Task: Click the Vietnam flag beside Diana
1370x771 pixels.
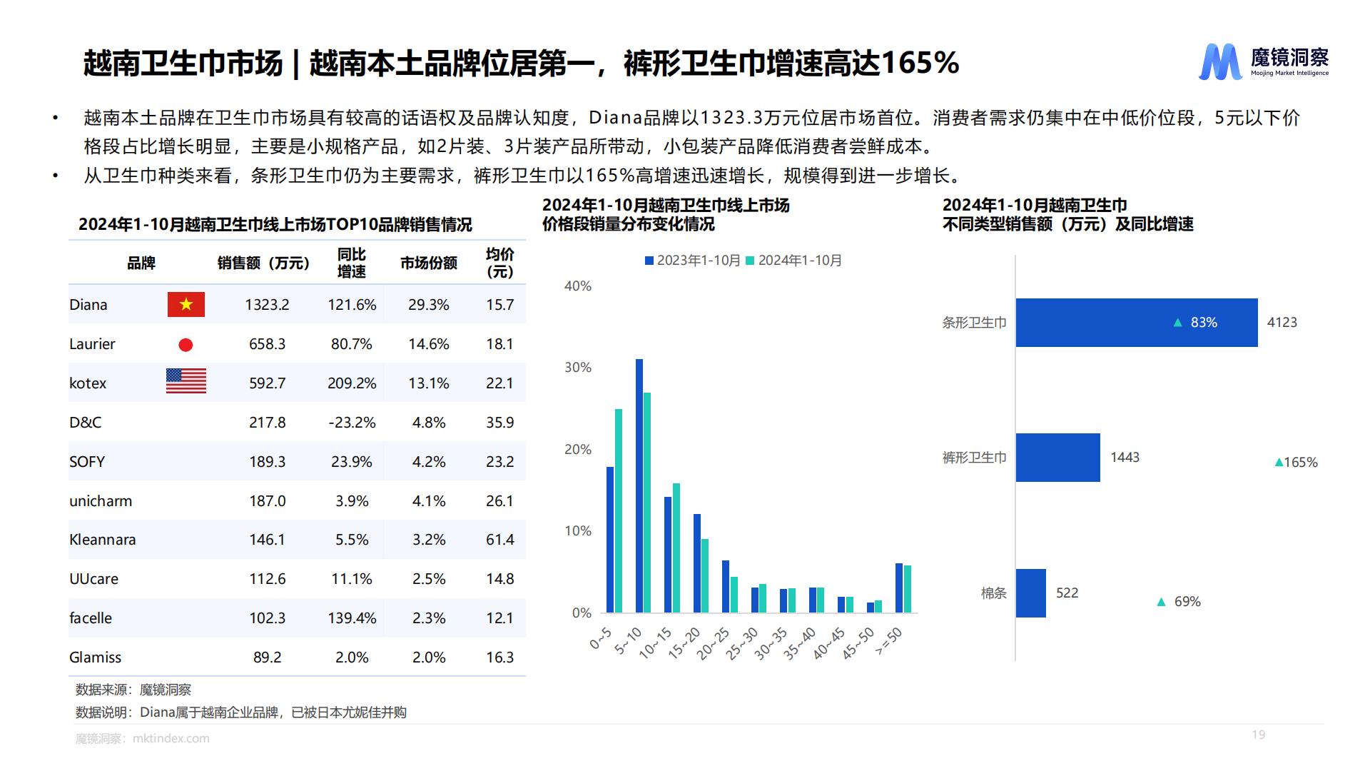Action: [x=186, y=305]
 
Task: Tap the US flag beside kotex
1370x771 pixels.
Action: [x=186, y=381]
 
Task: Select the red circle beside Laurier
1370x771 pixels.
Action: [x=186, y=345]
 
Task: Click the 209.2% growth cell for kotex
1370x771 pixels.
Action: [x=352, y=383]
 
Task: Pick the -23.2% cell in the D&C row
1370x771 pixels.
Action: [x=352, y=423]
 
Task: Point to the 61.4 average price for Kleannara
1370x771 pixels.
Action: [x=499, y=540]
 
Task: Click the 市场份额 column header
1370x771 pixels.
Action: [x=428, y=263]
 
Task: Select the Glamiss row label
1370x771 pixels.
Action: [x=95, y=657]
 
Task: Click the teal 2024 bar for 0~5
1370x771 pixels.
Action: [x=619, y=510]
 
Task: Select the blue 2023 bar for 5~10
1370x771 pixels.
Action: [x=639, y=485]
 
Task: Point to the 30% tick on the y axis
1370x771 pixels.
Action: [x=577, y=368]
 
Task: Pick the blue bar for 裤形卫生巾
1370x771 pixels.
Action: [x=1057, y=458]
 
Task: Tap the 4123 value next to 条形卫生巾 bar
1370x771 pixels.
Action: [x=1282, y=323]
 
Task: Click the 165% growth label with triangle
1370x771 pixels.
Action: [x=1296, y=463]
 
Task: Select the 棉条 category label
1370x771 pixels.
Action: [x=993, y=593]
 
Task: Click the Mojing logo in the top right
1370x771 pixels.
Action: [x=1263, y=61]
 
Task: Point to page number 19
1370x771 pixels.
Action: [x=1258, y=735]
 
